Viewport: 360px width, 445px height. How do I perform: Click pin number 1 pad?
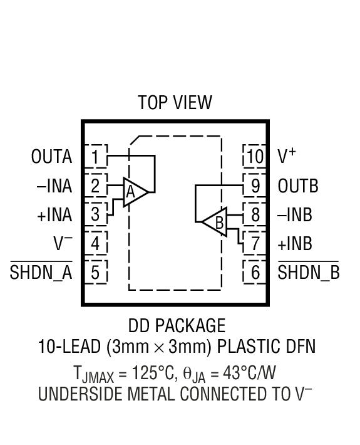96,156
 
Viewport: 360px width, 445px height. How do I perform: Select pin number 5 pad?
96,273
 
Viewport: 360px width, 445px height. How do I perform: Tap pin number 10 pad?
255,156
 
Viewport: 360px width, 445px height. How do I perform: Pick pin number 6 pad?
255,273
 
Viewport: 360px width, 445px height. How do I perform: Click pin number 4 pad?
96,243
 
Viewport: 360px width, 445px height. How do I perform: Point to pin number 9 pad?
255,186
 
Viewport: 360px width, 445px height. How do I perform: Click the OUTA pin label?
51,157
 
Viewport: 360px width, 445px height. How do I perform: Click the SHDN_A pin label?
41,273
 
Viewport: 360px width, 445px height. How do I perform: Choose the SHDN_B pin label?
308,273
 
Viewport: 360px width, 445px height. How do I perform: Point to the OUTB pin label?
298,186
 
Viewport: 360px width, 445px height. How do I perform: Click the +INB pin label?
295,243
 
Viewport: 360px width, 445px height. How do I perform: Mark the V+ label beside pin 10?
287,156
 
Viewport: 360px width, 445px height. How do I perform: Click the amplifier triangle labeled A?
133,192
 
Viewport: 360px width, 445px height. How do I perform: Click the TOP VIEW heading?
175,102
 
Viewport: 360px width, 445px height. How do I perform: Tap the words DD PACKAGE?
177,327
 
